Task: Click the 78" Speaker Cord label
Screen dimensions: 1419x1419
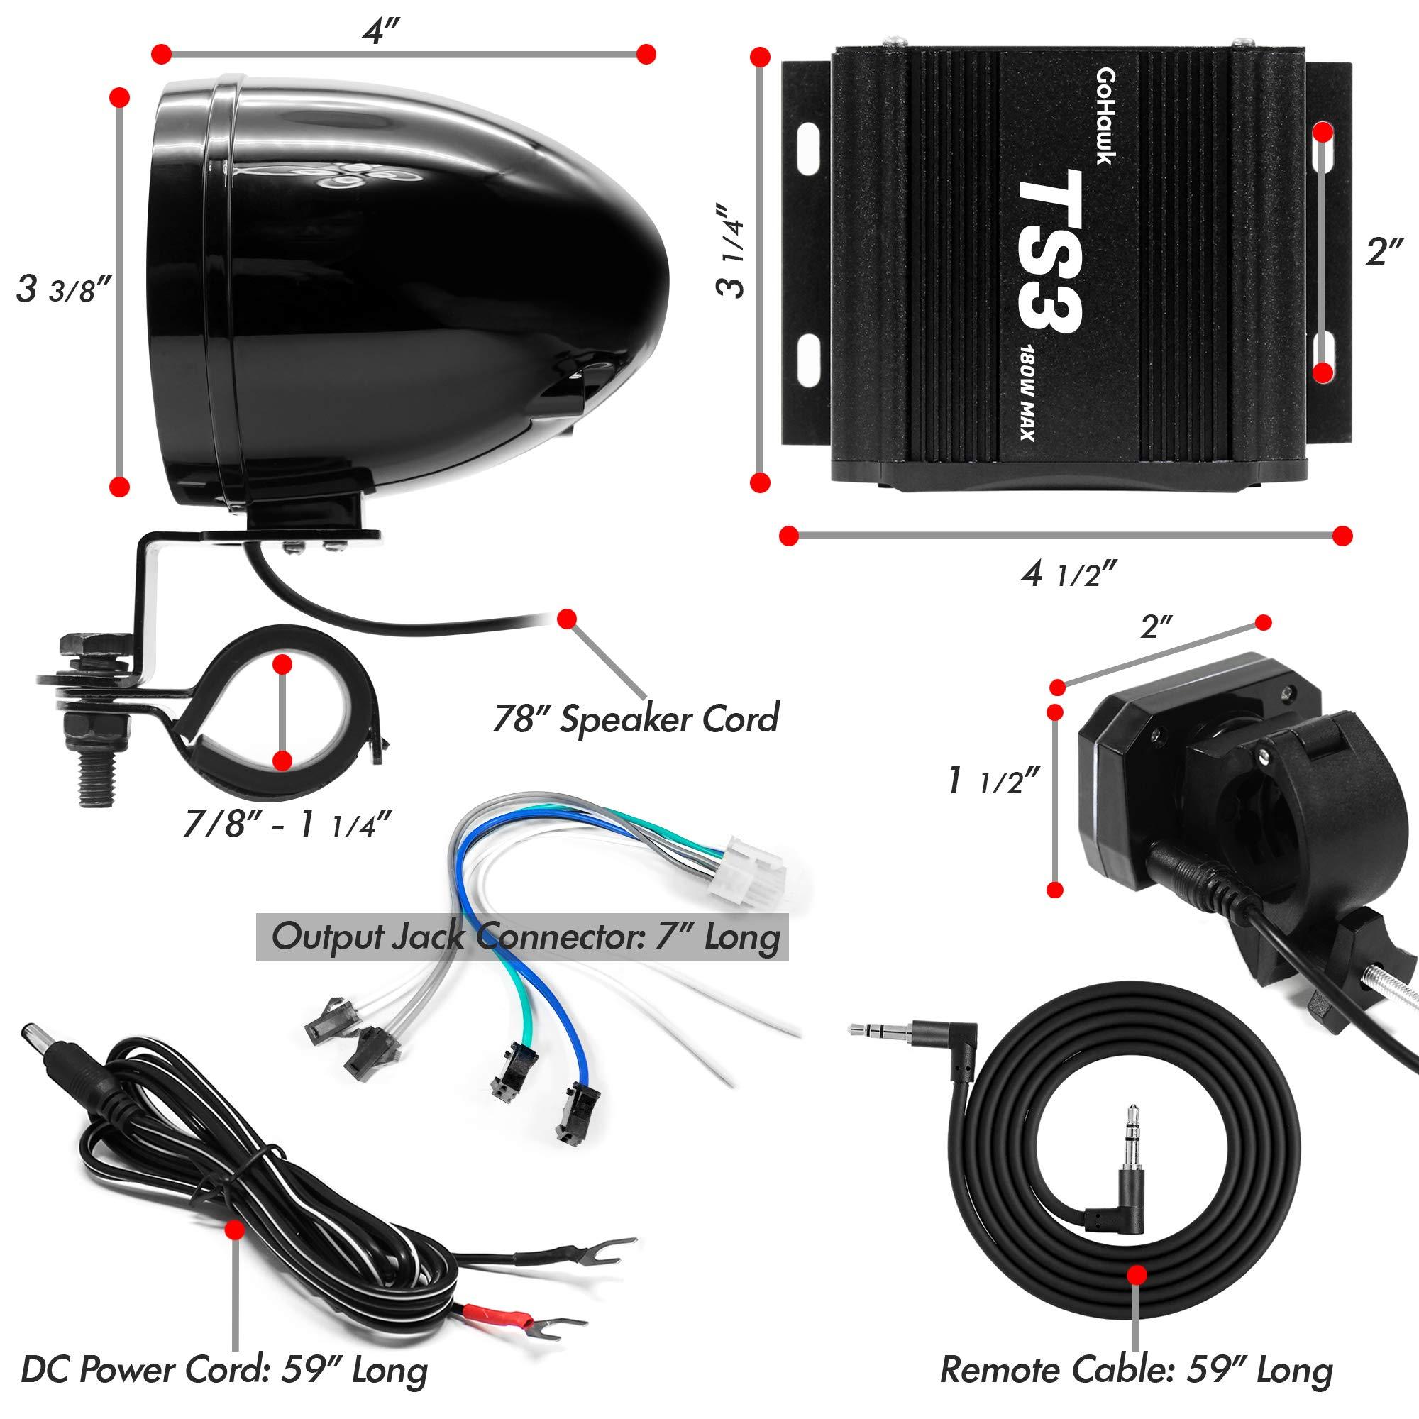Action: pos(636,718)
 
